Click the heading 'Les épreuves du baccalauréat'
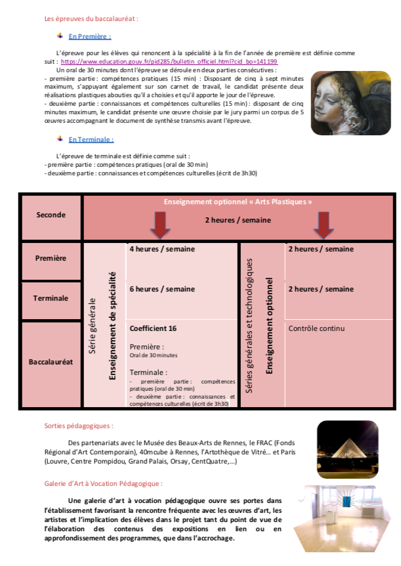point(91,19)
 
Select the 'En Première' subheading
point(90,37)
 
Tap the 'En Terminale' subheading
point(91,139)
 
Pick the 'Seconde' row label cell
point(51,215)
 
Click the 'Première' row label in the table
point(51,258)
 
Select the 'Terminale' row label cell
point(51,298)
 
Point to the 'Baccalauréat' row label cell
point(51,362)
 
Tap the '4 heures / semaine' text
point(162,250)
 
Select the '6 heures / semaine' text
point(162,289)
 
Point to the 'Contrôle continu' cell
point(316,328)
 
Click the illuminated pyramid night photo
point(347,441)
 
